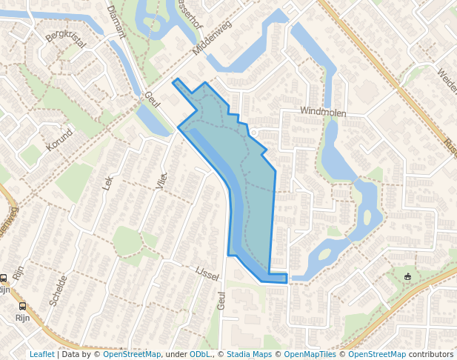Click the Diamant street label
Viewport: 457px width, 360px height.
click(x=116, y=21)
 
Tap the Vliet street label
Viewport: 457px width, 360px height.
click(x=163, y=181)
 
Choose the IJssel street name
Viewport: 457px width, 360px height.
click(x=207, y=274)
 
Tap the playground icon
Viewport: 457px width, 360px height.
click(x=407, y=277)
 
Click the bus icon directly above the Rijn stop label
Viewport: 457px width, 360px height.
click(x=23, y=305)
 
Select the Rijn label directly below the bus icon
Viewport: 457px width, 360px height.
click(x=23, y=317)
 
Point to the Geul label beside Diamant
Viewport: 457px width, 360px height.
click(x=153, y=100)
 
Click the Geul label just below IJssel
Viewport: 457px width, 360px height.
click(x=221, y=300)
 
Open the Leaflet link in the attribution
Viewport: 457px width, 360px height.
click(x=41, y=354)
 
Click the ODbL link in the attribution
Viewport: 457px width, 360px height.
click(x=200, y=354)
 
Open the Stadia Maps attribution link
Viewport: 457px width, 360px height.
click(x=249, y=354)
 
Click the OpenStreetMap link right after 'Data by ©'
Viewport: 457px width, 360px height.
click(x=132, y=354)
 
